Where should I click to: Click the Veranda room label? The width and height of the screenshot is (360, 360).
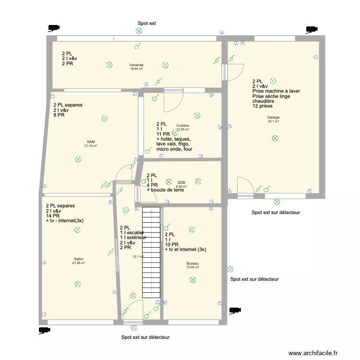click(136, 65)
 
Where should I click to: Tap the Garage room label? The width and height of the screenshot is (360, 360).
click(274, 117)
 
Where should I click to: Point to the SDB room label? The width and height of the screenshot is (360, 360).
click(181, 182)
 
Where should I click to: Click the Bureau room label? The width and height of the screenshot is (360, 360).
click(192, 264)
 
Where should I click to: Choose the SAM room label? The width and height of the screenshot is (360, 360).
click(91, 142)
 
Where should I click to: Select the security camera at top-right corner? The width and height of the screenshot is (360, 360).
click(312, 29)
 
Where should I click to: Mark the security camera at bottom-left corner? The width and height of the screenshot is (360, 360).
click(44, 330)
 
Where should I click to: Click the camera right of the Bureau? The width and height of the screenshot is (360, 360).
click(234, 310)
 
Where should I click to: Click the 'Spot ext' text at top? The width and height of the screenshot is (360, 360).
click(147, 23)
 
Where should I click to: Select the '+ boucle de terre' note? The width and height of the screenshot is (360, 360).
click(165, 190)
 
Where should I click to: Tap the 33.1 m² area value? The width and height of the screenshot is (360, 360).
click(274, 121)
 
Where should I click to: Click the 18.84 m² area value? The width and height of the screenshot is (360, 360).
click(136, 69)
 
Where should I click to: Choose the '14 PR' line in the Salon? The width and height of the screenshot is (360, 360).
click(52, 216)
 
